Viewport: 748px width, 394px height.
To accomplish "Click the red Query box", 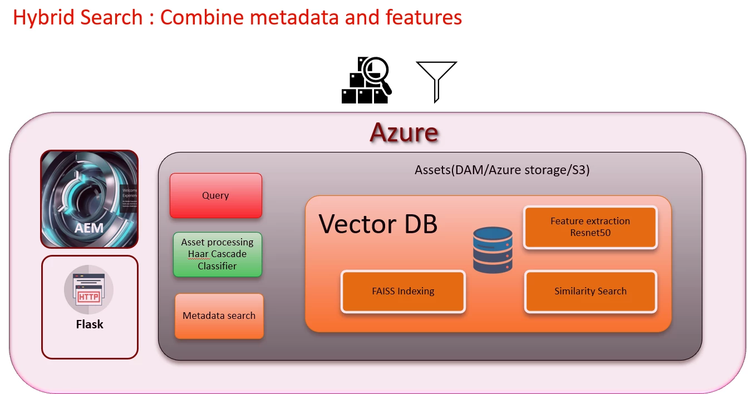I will point(215,195).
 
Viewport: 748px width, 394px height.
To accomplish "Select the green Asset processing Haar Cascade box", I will point(217,254).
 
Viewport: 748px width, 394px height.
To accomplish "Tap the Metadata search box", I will point(219,316).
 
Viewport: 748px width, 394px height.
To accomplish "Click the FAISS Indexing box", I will point(403,291).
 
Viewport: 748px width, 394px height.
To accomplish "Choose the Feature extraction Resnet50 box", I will point(590,227).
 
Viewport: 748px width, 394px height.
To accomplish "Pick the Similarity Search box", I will point(590,291).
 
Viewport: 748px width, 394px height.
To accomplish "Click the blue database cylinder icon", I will point(493,250).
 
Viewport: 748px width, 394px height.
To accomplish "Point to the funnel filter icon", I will point(436,81).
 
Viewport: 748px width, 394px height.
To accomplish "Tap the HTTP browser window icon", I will point(88,290).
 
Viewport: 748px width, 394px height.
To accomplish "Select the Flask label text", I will point(90,324).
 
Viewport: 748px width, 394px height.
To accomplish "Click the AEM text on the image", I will point(89,228).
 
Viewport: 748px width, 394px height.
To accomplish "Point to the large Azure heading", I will point(404,132).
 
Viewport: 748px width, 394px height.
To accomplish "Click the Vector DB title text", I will point(378,224).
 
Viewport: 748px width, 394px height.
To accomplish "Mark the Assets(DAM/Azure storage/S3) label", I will point(502,170).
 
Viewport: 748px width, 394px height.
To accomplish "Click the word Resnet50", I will point(590,233).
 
